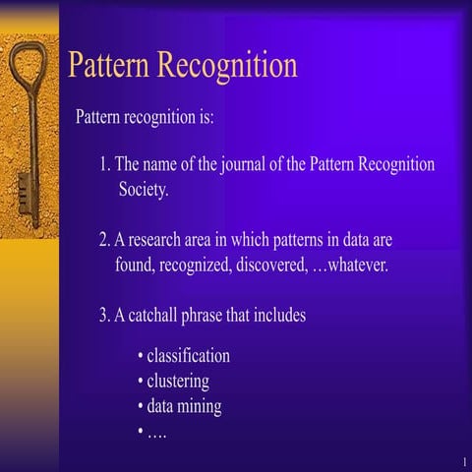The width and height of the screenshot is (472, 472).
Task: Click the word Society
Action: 144,190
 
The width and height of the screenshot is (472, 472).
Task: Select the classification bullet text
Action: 188,355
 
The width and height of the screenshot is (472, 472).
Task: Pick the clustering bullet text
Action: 178,381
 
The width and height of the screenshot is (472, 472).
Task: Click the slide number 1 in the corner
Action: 462,461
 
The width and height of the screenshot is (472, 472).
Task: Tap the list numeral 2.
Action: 103,240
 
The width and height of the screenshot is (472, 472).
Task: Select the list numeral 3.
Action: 103,317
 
